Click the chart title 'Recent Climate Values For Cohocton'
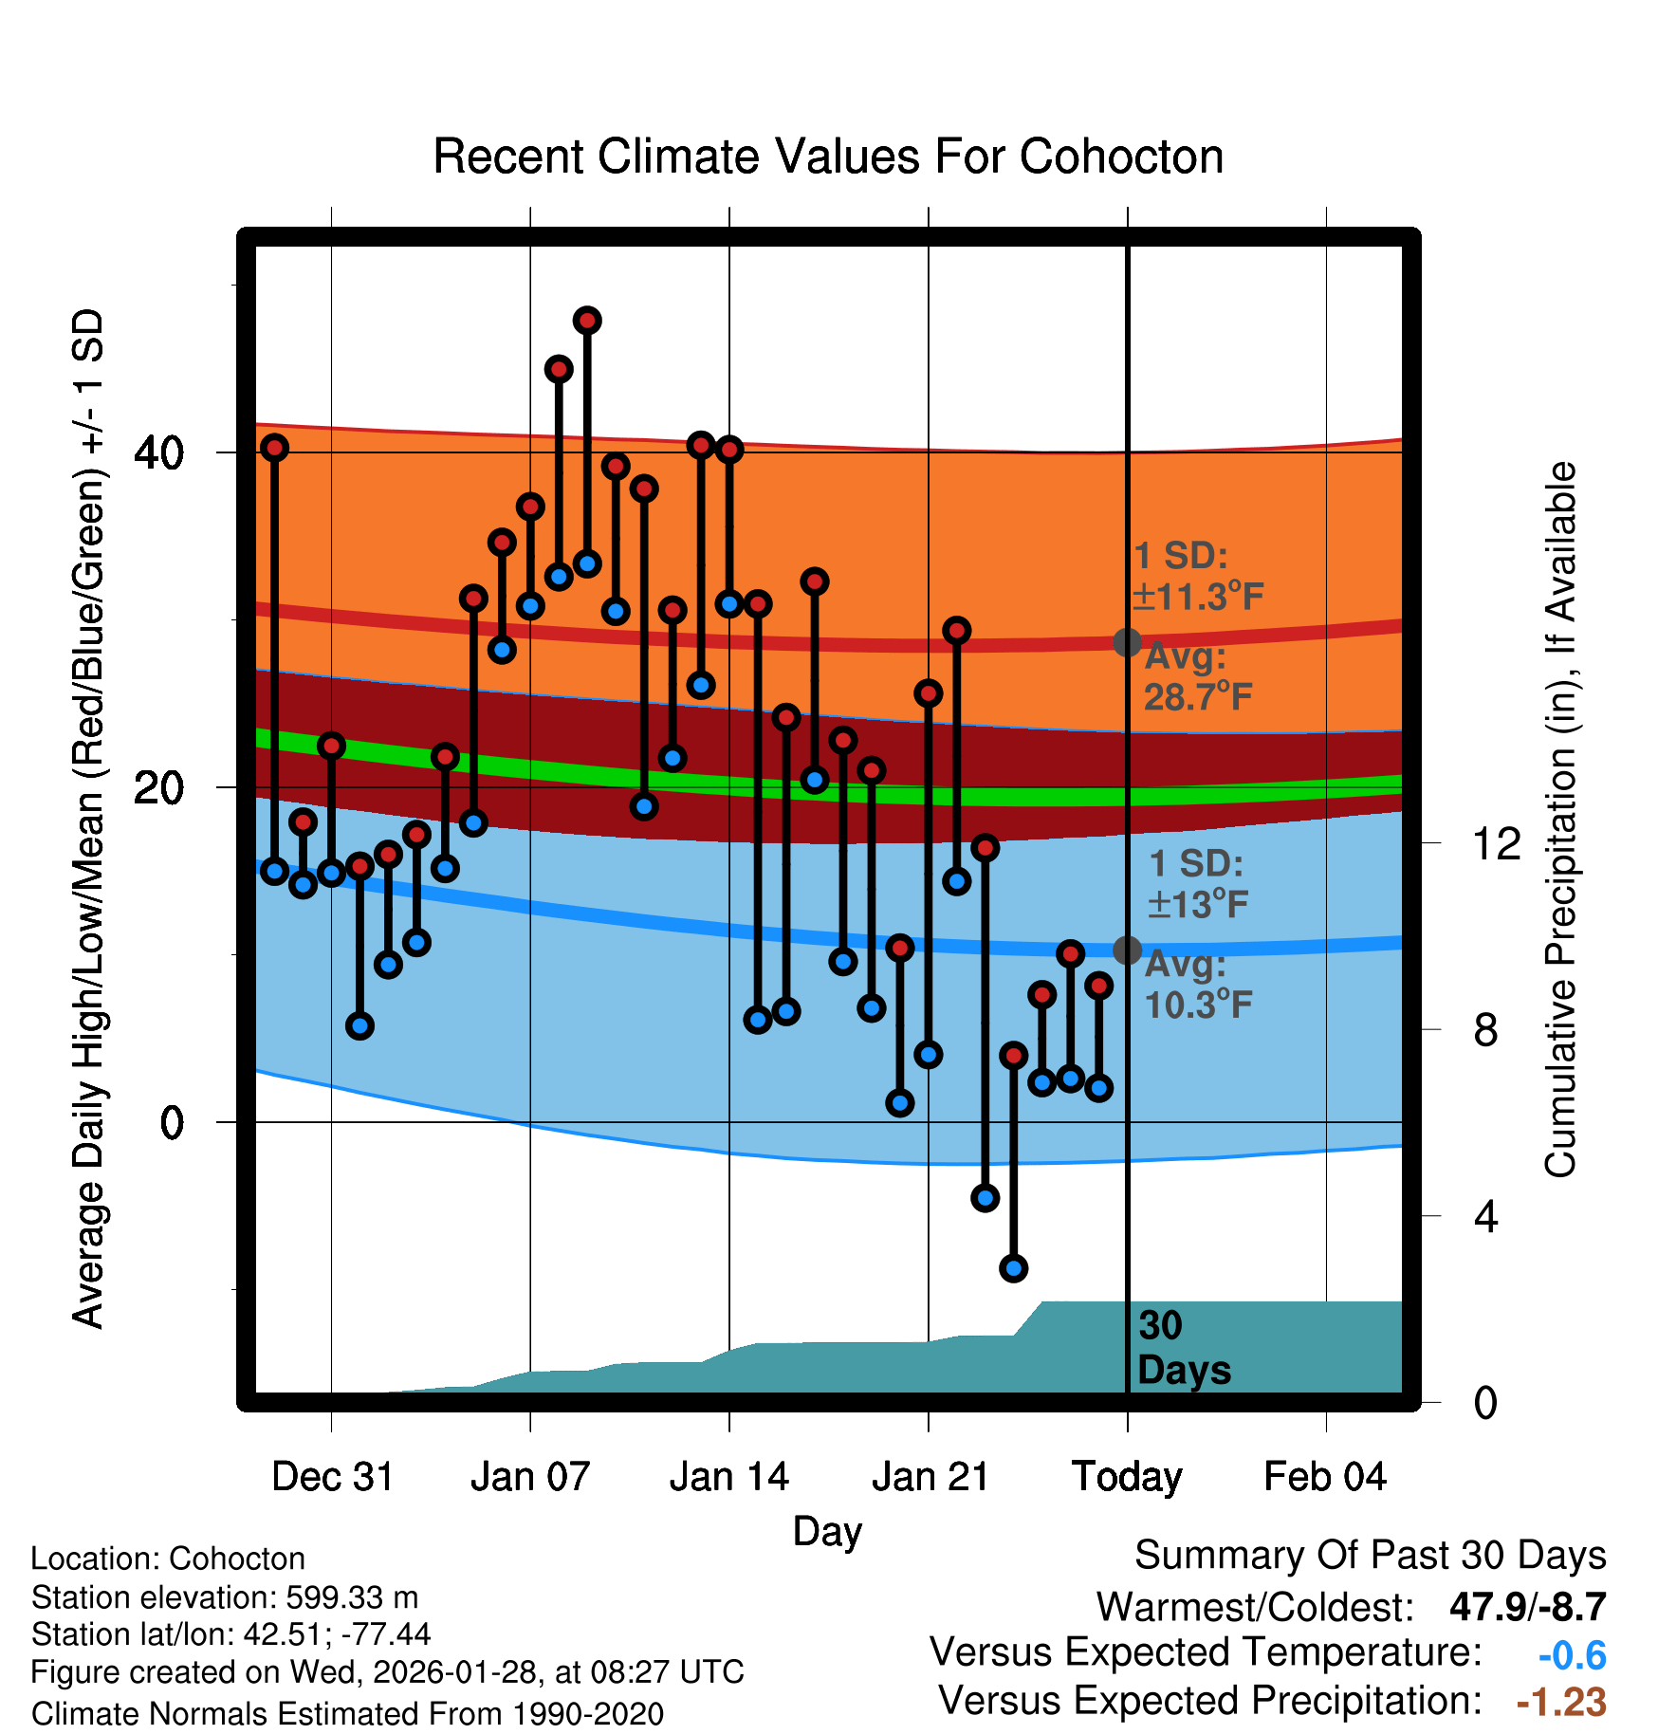(828, 157)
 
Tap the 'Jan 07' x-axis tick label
(530, 1477)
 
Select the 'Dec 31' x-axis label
(332, 1477)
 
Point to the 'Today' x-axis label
(1127, 1477)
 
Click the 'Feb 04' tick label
(1325, 1477)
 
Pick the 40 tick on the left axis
(158, 453)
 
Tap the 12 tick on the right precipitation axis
(1496, 843)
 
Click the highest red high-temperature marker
(587, 321)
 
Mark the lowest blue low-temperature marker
(1013, 1268)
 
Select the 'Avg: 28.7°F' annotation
(1197, 677)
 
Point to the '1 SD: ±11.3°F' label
(1197, 577)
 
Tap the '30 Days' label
(1183, 1348)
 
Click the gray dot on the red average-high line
(1127, 642)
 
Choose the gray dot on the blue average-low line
(1127, 950)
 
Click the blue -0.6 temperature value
(1572, 1655)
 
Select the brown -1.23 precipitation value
(1560, 1702)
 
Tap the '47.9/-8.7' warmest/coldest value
(1527, 1607)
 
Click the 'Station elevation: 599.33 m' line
(225, 1597)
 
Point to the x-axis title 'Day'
(827, 1531)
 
